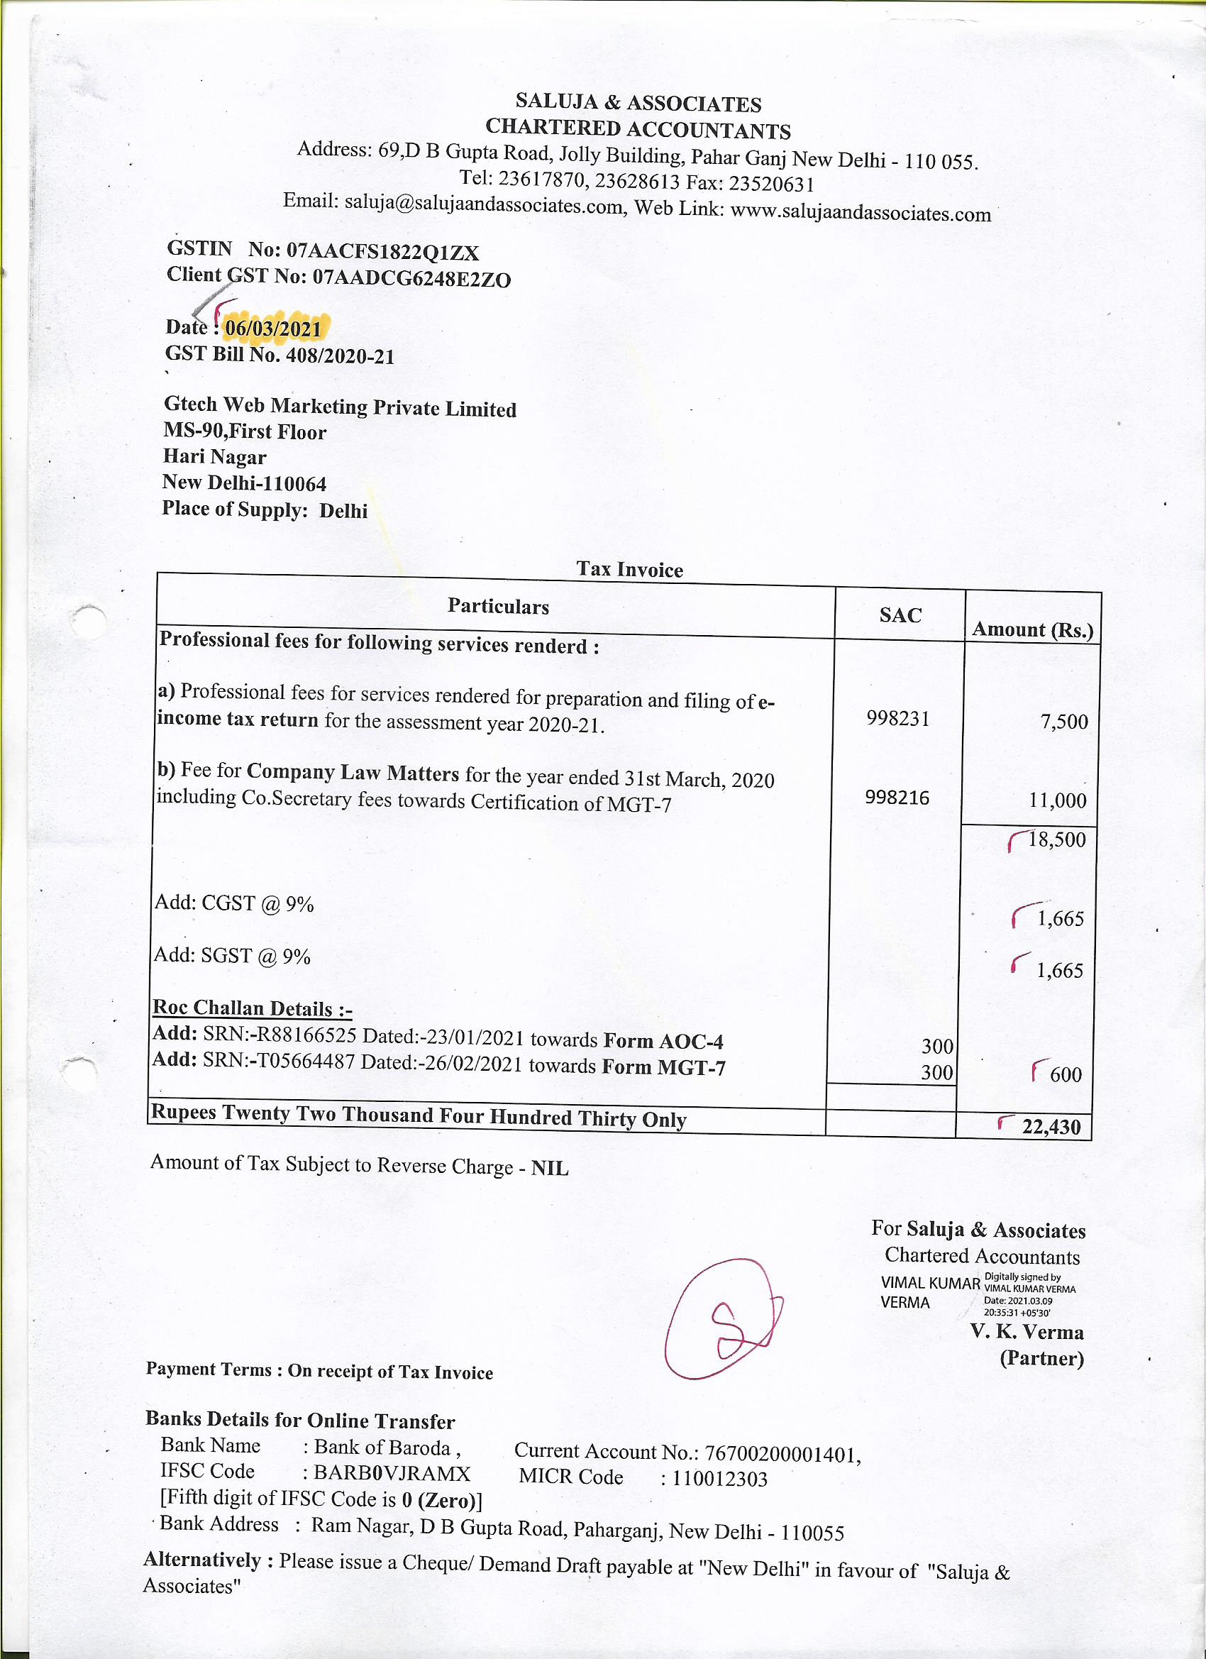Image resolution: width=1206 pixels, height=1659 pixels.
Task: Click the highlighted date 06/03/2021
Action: point(273,329)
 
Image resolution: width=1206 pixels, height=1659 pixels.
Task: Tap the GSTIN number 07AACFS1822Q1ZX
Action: point(382,253)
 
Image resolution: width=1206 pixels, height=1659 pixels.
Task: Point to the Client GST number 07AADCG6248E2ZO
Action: point(411,279)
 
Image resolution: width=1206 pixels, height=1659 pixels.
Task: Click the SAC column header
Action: point(900,615)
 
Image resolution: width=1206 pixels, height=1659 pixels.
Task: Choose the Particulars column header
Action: point(498,607)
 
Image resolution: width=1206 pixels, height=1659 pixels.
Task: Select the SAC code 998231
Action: point(898,719)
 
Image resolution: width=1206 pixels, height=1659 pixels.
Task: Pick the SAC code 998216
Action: point(897,798)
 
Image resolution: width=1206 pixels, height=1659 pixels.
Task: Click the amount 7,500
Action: point(1064,722)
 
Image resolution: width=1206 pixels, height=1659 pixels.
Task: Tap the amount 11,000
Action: point(1058,800)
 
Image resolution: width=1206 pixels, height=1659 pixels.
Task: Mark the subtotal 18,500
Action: point(1057,839)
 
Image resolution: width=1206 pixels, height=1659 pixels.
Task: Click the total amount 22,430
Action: point(1051,1128)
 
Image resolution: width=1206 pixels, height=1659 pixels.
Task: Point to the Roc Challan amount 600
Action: point(1066,1074)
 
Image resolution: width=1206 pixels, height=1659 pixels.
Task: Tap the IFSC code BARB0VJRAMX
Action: point(392,1473)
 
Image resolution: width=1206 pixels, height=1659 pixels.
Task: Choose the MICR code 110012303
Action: point(719,1479)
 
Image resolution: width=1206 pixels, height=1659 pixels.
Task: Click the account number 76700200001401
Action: point(782,1454)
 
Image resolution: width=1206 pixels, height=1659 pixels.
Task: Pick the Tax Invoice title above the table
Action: point(630,570)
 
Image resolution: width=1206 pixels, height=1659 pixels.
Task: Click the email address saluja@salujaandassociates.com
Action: point(483,204)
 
